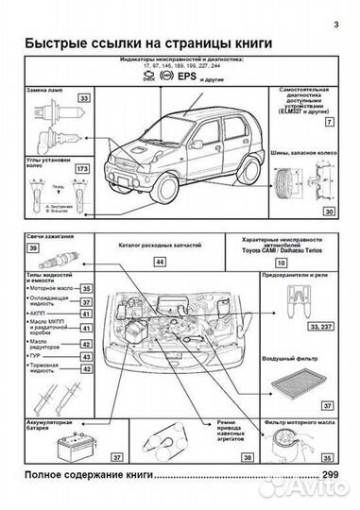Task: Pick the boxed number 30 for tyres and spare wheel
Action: (x=329, y=212)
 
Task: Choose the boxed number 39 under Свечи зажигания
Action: (x=33, y=246)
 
